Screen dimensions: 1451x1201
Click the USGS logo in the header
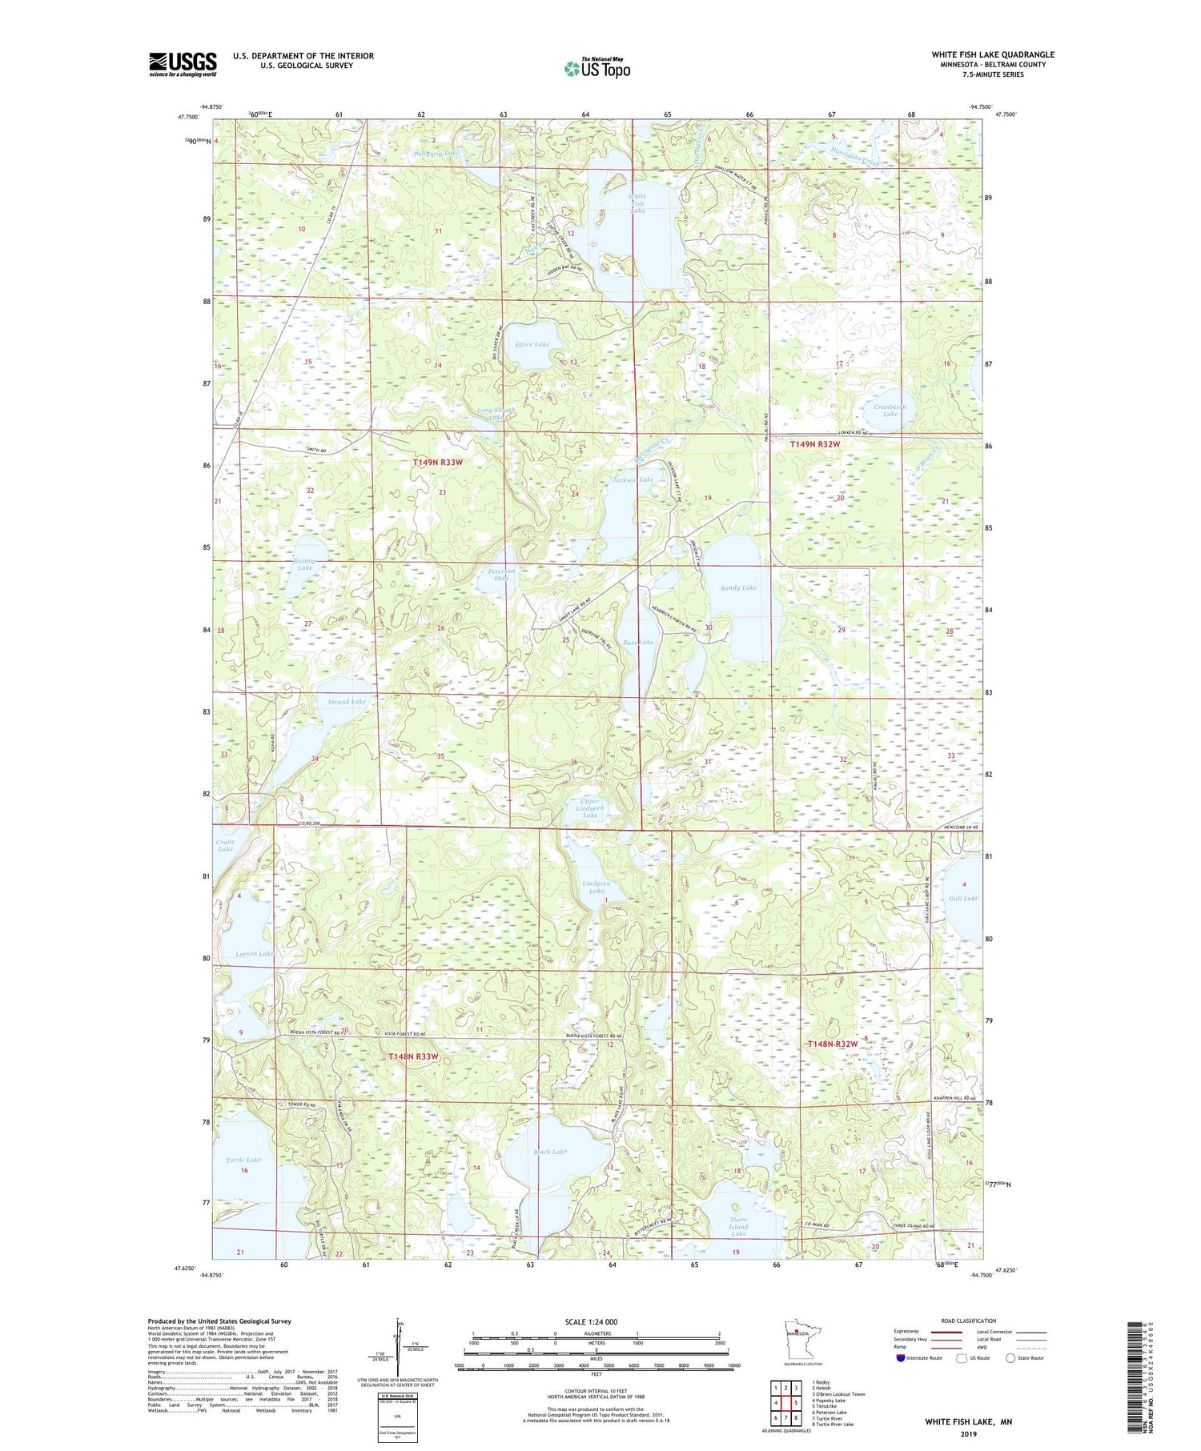pyautogui.click(x=183, y=64)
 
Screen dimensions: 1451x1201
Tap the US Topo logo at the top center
pyautogui.click(x=596, y=69)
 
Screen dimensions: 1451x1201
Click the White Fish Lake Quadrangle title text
pyautogui.click(x=992, y=54)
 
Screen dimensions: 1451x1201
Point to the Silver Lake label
pyautogui.click(x=532, y=344)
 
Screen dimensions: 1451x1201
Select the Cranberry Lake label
pyautogui.click(x=890, y=410)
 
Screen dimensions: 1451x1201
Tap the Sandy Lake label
pyautogui.click(x=738, y=587)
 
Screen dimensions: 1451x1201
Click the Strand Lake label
pyautogui.click(x=346, y=701)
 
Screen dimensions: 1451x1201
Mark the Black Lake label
pyautogui.click(x=549, y=1152)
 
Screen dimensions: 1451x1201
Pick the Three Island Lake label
pyautogui.click(x=738, y=1227)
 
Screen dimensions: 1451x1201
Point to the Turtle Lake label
pyautogui.click(x=243, y=1160)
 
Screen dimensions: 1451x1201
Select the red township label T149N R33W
pyautogui.click(x=437, y=463)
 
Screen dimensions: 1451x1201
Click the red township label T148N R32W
pyautogui.click(x=833, y=1044)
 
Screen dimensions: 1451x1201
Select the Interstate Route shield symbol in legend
pyautogui.click(x=900, y=1357)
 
